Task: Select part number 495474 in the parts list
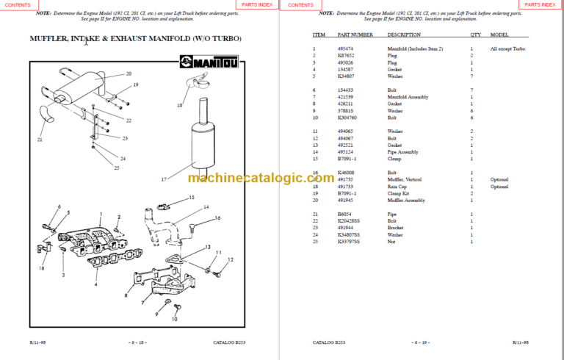(345, 48)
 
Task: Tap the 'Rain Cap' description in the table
(399, 187)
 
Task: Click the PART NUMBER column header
(355, 35)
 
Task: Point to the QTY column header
(476, 35)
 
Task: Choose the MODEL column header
(499, 35)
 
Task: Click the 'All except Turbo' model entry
(507, 48)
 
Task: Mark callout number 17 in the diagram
(164, 179)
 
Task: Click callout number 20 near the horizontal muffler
(129, 73)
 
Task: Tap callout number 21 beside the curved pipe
(40, 140)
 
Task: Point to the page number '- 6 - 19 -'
(422, 342)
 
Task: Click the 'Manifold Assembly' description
(408, 97)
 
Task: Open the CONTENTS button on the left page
(18, 4)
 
